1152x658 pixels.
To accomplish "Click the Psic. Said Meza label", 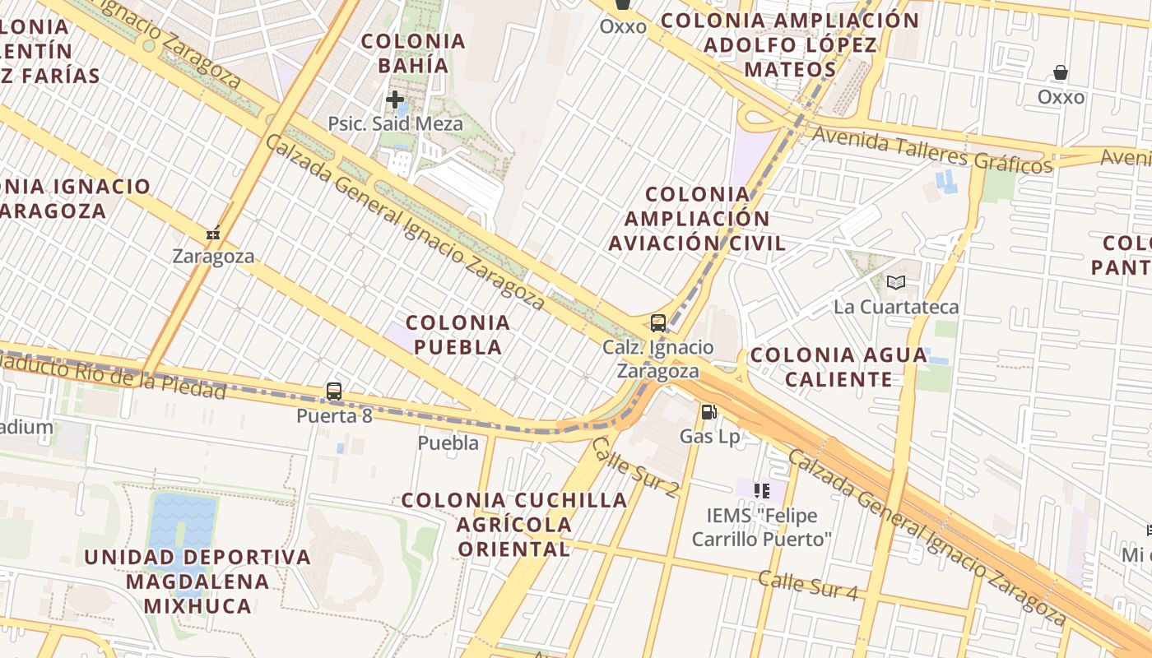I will tap(395, 124).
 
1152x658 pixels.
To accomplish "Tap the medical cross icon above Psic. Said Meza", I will tap(395, 100).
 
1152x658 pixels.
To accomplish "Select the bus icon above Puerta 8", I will tap(334, 392).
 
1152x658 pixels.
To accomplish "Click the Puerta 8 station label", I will tap(334, 416).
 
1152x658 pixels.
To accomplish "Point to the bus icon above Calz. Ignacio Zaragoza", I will tap(657, 322).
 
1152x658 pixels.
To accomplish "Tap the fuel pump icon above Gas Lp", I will tap(708, 412).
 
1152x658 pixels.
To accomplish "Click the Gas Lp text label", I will tap(709, 437).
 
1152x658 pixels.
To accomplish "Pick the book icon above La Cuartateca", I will tap(896, 283).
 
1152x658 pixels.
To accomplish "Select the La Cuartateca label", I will tap(896, 308).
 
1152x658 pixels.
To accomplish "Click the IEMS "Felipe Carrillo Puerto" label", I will tap(762, 527).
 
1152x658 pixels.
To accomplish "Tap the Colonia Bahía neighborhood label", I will tap(413, 53).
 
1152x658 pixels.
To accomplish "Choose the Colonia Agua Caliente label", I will tap(838, 367).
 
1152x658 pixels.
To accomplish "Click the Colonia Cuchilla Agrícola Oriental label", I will tap(514, 524).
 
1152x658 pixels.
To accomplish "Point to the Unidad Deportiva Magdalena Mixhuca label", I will tap(197, 582).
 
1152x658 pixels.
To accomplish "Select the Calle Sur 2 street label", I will tap(635, 467).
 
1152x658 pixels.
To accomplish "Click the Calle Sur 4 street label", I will tap(807, 586).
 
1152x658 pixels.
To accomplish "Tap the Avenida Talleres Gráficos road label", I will tap(932, 151).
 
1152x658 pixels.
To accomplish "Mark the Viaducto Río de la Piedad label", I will tap(115, 375).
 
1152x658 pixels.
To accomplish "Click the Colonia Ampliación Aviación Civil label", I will tap(698, 219).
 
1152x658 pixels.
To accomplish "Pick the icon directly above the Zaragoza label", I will tap(213, 234).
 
